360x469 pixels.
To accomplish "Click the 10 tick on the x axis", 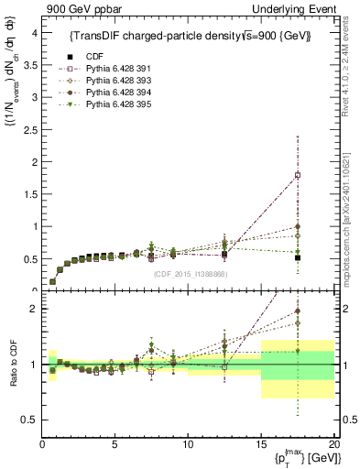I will coord(188,444).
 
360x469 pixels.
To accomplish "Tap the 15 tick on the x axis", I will coord(261,444).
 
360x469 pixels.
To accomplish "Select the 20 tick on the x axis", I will coord(333,444).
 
